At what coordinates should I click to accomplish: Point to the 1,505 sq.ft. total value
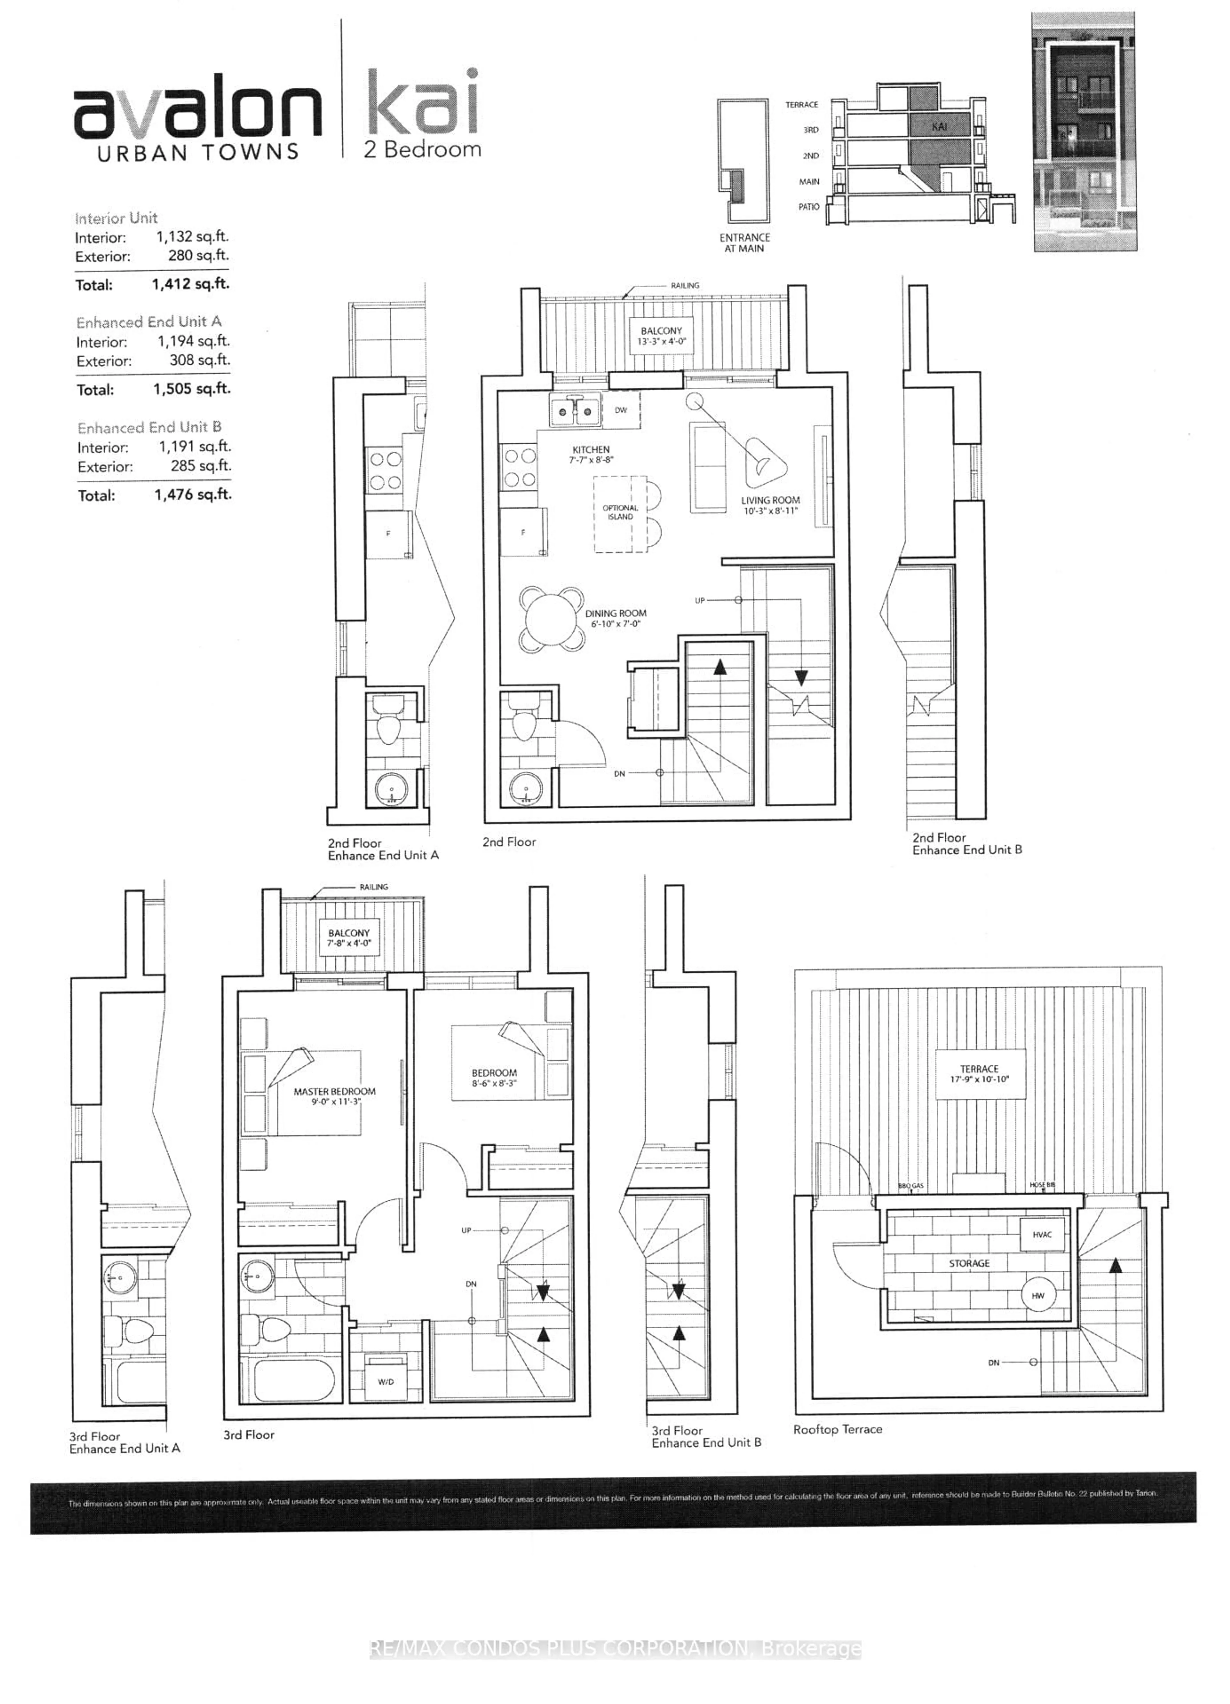coord(192,389)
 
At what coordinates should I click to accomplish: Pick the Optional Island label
coord(620,513)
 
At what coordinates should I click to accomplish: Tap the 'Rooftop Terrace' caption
coord(838,1429)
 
